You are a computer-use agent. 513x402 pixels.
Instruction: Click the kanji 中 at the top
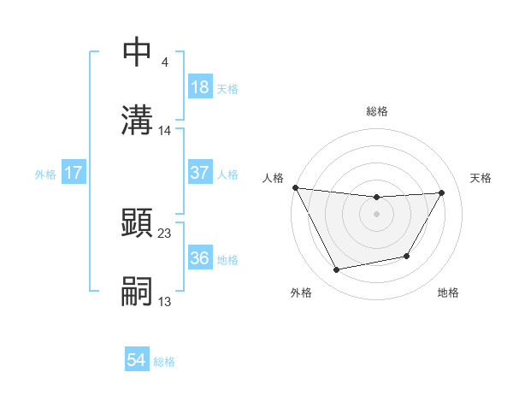click(138, 52)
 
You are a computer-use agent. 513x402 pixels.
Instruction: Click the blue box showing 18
click(200, 87)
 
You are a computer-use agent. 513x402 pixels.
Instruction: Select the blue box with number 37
click(200, 173)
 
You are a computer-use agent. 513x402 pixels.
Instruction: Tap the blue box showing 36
click(200, 258)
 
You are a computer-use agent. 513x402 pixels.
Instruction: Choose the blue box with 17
click(74, 173)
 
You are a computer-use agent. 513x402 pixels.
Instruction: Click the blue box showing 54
click(137, 361)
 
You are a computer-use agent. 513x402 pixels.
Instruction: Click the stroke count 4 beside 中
click(164, 62)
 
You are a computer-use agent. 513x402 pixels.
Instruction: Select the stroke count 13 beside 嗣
click(165, 301)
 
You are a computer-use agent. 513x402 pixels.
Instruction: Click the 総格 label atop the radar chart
click(377, 111)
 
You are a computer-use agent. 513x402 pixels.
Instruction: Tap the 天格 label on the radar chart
click(481, 178)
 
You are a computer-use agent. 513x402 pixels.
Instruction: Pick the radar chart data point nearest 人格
click(296, 187)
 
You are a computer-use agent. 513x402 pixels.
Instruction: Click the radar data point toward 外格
click(336, 270)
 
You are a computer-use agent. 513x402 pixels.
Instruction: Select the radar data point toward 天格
click(442, 192)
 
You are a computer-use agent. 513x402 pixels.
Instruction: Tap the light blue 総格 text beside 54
click(164, 362)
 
